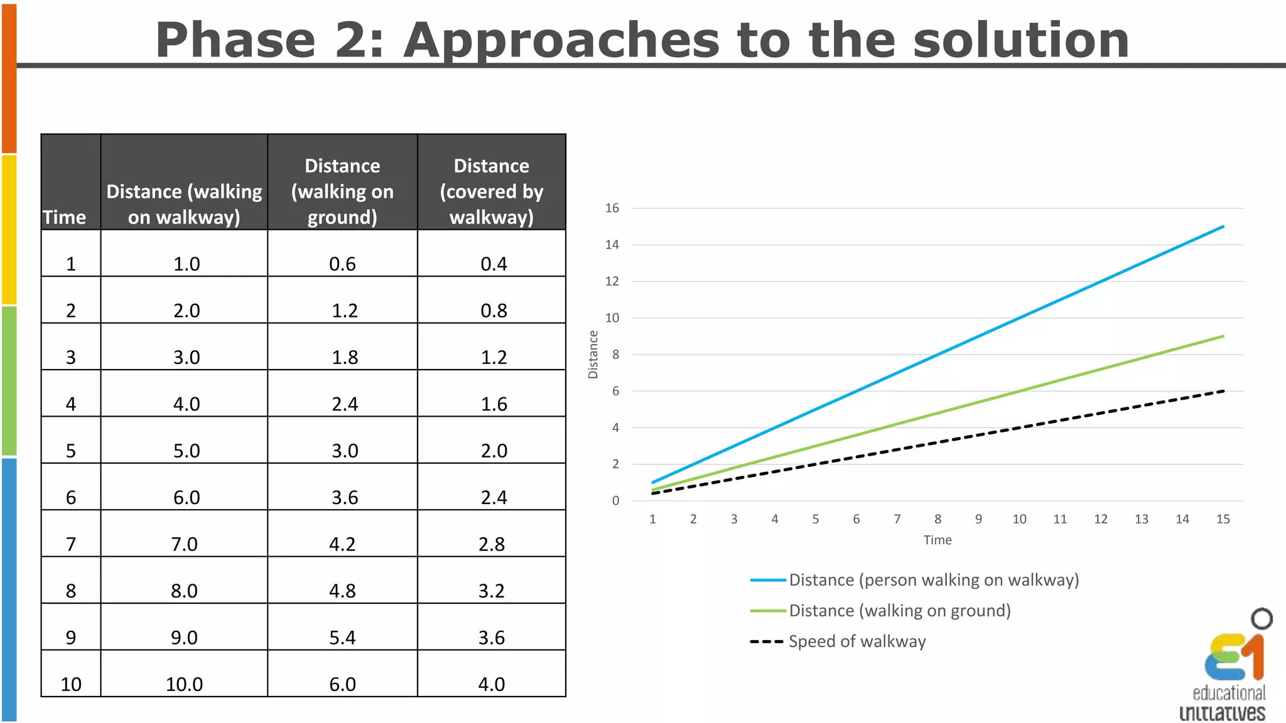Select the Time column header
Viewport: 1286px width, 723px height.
click(64, 217)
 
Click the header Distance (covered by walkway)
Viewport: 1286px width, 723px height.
click(491, 191)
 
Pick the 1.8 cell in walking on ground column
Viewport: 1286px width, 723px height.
click(345, 357)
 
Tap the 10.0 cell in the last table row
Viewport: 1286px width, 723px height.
click(184, 684)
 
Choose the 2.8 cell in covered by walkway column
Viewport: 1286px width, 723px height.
click(491, 544)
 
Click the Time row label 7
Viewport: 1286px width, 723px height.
click(71, 544)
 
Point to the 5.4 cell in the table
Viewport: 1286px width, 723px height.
click(342, 638)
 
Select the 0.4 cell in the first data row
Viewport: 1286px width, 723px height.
click(494, 264)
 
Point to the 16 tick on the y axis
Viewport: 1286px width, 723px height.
click(612, 208)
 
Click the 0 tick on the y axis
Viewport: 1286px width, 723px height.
click(615, 501)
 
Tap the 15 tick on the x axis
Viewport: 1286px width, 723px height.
click(1223, 519)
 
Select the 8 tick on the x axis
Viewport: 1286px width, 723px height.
click(937, 519)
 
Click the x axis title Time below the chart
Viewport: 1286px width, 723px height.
click(937, 540)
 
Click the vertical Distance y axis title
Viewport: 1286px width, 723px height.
click(593, 355)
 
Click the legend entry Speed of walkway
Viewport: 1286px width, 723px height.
click(856, 641)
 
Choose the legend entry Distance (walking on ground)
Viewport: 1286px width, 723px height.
click(899, 611)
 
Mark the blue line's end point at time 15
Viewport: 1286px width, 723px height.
click(1223, 227)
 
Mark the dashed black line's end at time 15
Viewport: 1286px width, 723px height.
click(1223, 391)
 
